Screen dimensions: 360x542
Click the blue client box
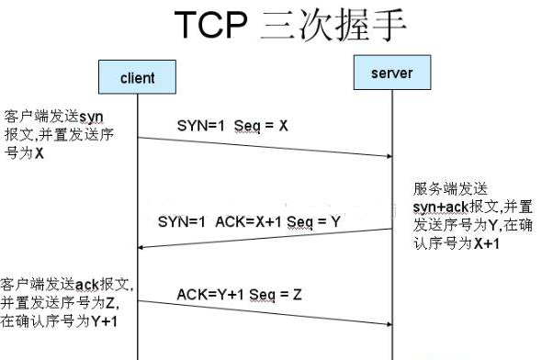point(137,77)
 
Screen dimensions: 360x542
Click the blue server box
point(391,72)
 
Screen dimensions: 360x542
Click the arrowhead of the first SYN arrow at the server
point(388,155)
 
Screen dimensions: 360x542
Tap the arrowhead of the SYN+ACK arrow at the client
point(141,246)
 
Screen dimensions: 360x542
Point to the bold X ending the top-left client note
point(39,153)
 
